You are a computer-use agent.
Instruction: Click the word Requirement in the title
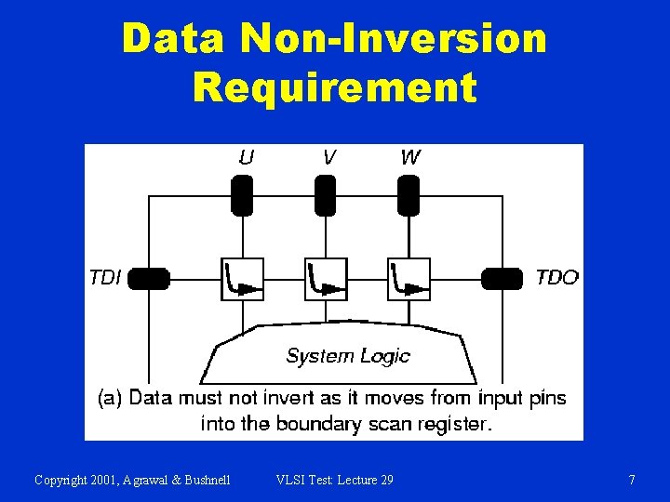pyautogui.click(x=334, y=87)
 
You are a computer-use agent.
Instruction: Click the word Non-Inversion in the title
pyautogui.click(x=393, y=39)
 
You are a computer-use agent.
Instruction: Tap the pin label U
pyautogui.click(x=245, y=157)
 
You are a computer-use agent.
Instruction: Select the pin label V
pyautogui.click(x=328, y=157)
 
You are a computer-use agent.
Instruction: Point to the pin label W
pyautogui.click(x=409, y=157)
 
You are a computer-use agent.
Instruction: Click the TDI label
pyautogui.click(x=105, y=277)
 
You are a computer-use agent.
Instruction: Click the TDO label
pyautogui.click(x=556, y=277)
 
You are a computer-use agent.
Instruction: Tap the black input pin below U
pyautogui.click(x=242, y=195)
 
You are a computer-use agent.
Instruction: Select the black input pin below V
pyautogui.click(x=325, y=195)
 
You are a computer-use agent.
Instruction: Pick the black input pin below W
pyautogui.click(x=408, y=195)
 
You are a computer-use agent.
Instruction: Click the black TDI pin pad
pyautogui.click(x=149, y=278)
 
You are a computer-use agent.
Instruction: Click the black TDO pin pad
pyautogui.click(x=502, y=278)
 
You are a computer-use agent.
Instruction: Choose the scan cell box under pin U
pyautogui.click(x=243, y=279)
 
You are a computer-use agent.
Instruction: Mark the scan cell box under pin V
pyautogui.click(x=326, y=279)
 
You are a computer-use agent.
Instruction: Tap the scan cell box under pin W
pyautogui.click(x=409, y=279)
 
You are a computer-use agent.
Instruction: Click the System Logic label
pyautogui.click(x=347, y=356)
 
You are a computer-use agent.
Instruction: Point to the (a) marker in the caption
pyautogui.click(x=109, y=399)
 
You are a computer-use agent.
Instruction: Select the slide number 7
pyautogui.click(x=632, y=480)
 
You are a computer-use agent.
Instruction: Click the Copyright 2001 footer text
pyautogui.click(x=132, y=480)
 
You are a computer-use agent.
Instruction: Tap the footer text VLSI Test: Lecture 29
pyautogui.click(x=334, y=480)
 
